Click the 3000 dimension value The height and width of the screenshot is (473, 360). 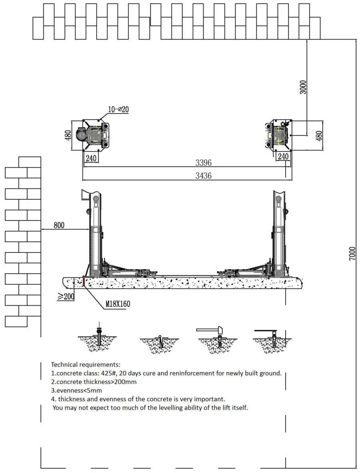click(x=304, y=87)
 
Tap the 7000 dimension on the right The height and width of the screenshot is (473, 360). click(x=352, y=254)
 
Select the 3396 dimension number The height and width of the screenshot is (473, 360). click(x=203, y=163)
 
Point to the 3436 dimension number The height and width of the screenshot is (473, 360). click(x=203, y=175)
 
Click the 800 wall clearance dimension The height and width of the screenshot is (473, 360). click(x=59, y=225)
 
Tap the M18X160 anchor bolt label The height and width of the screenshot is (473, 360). click(x=118, y=304)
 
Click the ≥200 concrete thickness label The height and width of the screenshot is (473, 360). click(x=66, y=297)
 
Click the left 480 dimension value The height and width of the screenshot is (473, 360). click(x=68, y=135)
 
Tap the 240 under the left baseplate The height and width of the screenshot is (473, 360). click(x=91, y=158)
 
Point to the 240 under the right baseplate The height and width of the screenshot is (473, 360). click(x=283, y=156)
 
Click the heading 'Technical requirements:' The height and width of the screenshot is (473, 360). click(x=85, y=365)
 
